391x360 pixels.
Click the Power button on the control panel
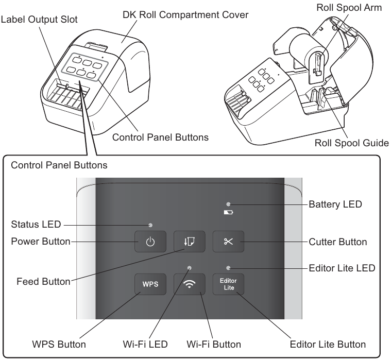[x=150, y=242]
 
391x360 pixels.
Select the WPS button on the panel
[x=150, y=284]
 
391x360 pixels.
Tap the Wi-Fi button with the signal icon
[x=189, y=284]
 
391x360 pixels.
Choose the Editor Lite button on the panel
[x=229, y=284]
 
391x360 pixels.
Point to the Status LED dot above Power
[x=150, y=225]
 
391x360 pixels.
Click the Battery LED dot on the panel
[x=228, y=204]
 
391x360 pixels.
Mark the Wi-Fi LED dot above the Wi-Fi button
[x=190, y=267]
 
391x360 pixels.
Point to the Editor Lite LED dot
[x=228, y=267]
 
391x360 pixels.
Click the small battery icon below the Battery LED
[x=228, y=212]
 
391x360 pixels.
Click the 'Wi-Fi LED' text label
[x=147, y=343]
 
